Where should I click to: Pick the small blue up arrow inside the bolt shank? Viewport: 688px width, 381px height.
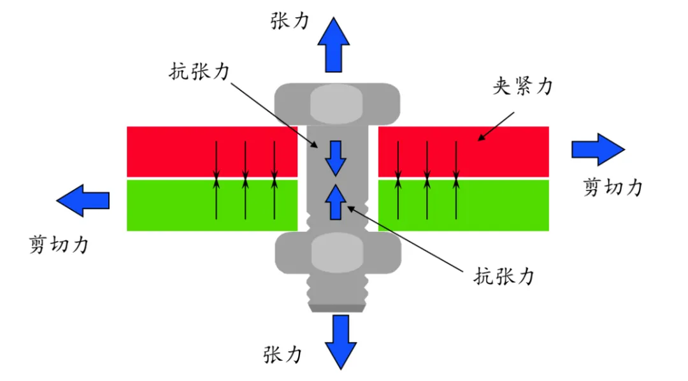(x=334, y=202)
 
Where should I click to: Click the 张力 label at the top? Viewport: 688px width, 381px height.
(x=290, y=20)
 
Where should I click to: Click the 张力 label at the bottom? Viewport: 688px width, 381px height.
(x=282, y=354)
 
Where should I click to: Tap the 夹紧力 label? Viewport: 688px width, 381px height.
(x=522, y=87)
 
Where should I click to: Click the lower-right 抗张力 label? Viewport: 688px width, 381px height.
(x=503, y=276)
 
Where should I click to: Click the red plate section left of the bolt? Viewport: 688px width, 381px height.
(x=172, y=151)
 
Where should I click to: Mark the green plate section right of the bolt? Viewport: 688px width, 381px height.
(x=503, y=205)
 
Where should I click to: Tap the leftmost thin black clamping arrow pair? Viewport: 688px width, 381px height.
(x=217, y=180)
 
